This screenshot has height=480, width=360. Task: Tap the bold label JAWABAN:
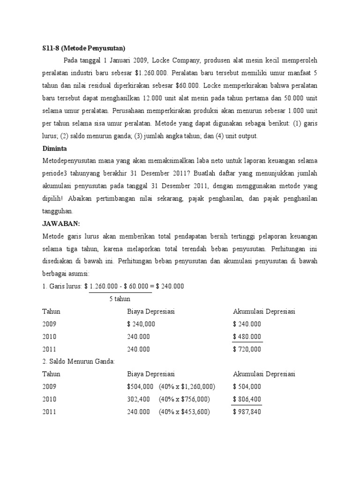tap(60, 223)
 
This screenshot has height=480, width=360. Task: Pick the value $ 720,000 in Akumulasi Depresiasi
tap(247, 349)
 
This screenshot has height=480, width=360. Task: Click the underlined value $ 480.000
tap(247, 337)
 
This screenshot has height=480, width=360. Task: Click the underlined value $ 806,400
tap(247, 399)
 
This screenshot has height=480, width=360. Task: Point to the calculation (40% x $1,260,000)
tap(187, 386)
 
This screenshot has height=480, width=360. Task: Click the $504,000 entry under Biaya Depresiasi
tap(140, 386)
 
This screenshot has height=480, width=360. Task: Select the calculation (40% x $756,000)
tap(184, 399)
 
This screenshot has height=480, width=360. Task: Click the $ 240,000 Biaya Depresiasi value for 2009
tap(141, 324)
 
